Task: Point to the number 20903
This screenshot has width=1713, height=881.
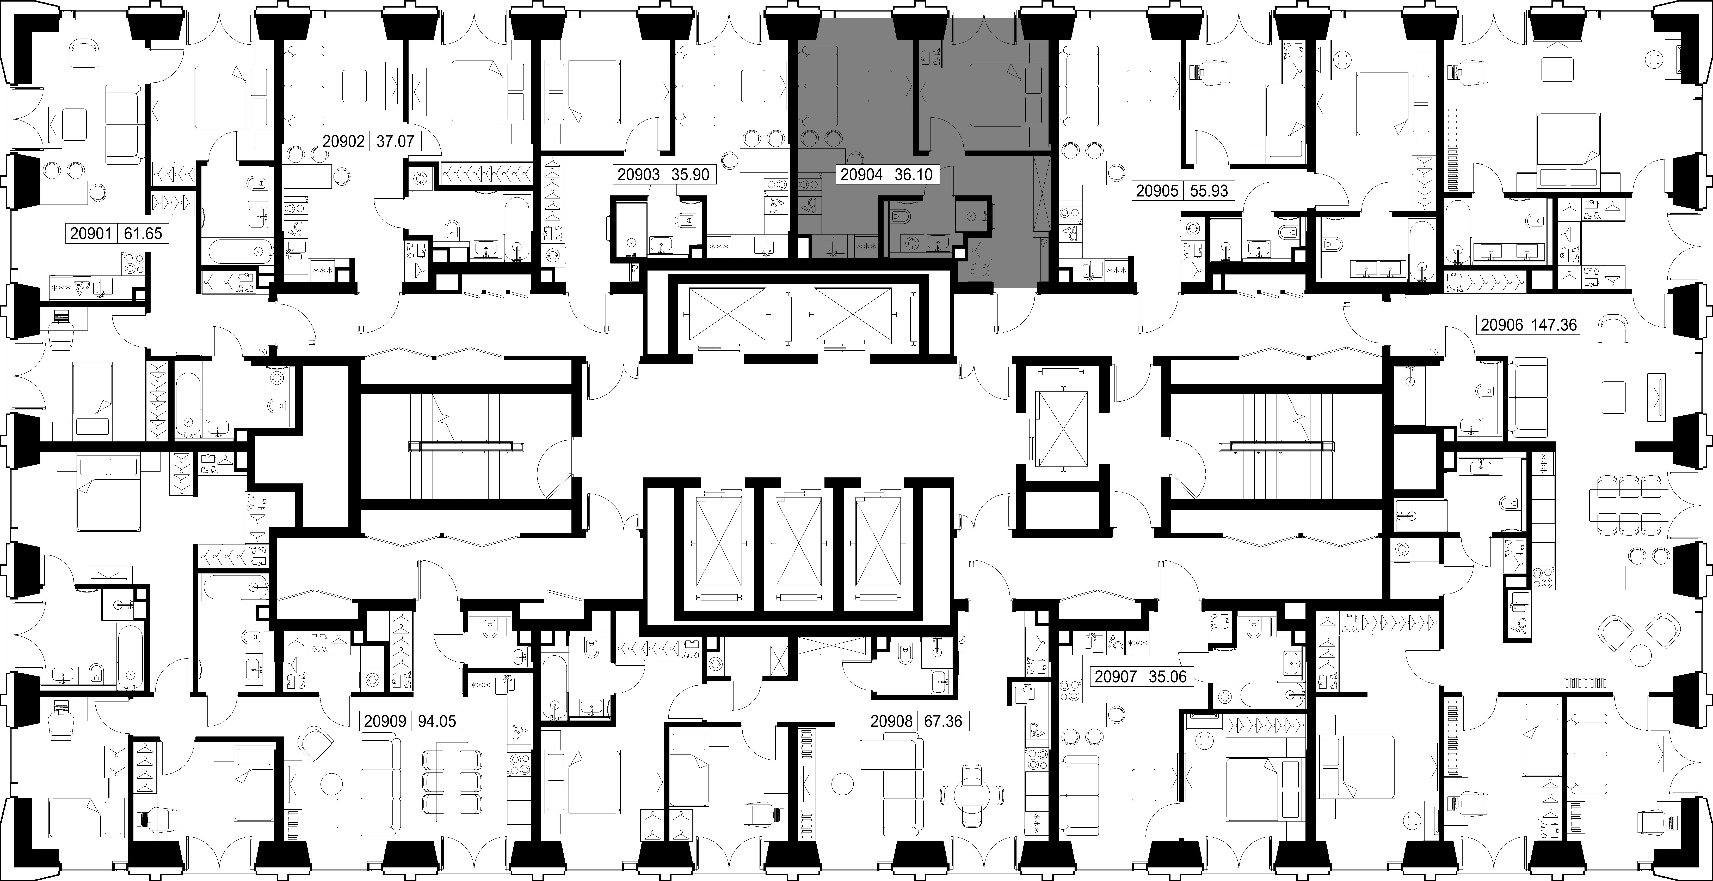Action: point(638,175)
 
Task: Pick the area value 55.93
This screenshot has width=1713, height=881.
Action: point(1209,191)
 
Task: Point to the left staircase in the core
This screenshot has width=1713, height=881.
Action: point(467,446)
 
